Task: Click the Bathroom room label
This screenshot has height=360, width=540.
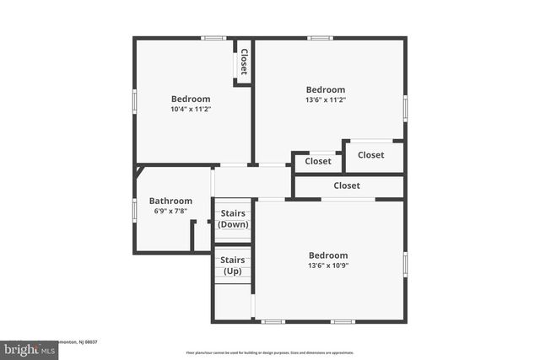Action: coord(170,201)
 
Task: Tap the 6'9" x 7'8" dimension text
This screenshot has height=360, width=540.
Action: coord(170,212)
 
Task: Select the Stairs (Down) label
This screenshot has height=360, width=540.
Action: coord(233,219)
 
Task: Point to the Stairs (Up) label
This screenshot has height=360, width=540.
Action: coord(233,266)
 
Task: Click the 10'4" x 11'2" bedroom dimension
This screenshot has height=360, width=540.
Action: coord(191,109)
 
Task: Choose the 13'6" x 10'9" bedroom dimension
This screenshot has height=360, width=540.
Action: coord(327,266)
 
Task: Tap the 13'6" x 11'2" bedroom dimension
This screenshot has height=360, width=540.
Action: coord(326,100)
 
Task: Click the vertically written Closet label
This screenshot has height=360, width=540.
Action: coord(244,61)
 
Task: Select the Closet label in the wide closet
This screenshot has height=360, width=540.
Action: coord(347,185)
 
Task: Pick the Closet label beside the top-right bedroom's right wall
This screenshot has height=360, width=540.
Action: coord(371,155)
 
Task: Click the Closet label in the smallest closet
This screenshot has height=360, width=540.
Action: coord(318,161)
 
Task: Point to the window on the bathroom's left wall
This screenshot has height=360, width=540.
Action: coord(134,209)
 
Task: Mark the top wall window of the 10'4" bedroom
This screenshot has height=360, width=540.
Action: coord(213,37)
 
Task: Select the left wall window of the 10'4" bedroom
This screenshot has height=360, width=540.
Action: coord(134,99)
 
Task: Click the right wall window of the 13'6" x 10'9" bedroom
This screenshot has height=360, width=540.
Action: coord(405,264)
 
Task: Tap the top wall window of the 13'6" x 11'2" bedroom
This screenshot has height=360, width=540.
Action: coord(320,37)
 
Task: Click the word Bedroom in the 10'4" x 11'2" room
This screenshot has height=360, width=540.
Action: coord(191,99)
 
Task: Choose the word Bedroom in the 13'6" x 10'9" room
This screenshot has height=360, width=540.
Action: coord(327,255)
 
